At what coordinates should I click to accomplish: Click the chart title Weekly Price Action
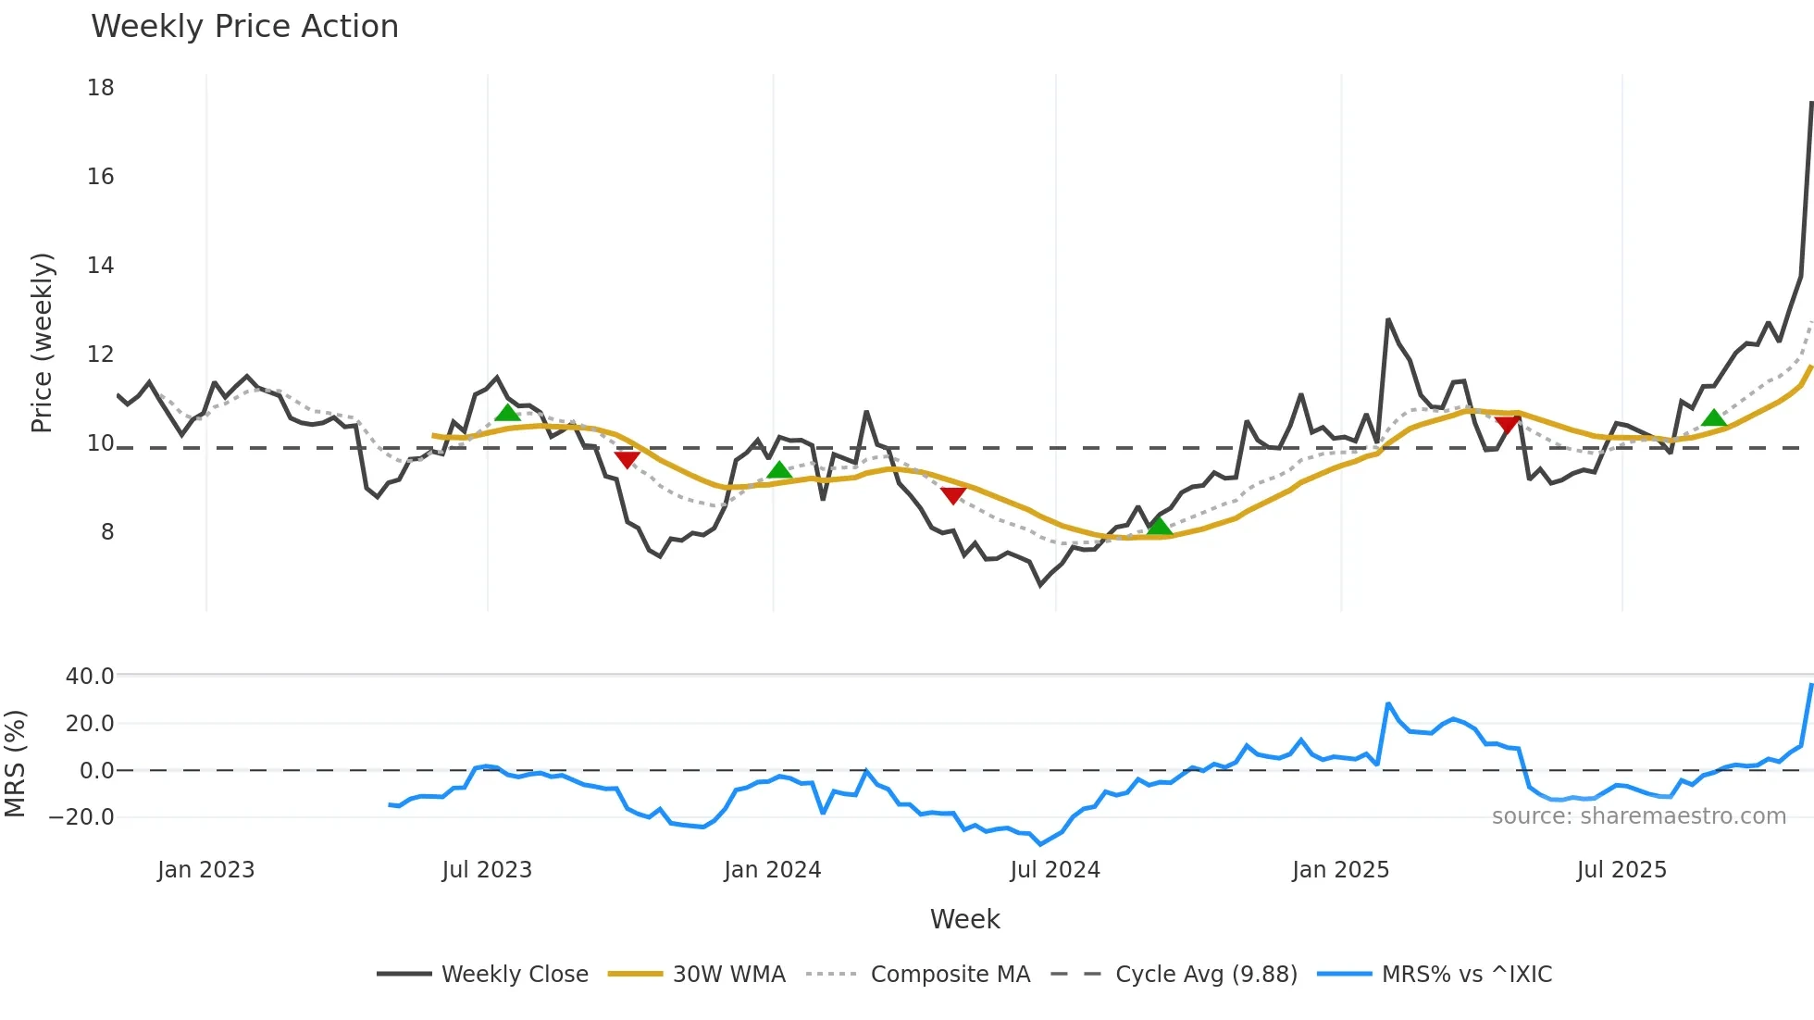point(244,27)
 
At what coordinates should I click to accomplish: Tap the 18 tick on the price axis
point(101,88)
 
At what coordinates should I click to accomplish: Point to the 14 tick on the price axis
point(101,266)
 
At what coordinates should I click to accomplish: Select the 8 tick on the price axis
point(107,532)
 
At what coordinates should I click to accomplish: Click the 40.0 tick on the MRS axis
point(90,677)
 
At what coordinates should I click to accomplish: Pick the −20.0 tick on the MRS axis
point(81,817)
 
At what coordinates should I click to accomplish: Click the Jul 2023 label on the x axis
point(487,870)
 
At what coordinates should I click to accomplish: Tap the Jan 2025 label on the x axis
point(1340,870)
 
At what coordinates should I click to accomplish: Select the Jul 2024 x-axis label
point(1055,870)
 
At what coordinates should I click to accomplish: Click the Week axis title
point(964,919)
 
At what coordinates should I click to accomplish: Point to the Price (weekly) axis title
point(42,343)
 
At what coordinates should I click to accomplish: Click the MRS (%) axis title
point(15,764)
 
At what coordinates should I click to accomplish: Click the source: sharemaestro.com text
point(1638,816)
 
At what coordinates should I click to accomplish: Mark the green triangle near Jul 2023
point(507,413)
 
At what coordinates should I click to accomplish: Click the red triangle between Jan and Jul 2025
point(1507,425)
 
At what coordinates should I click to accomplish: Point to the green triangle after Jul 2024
point(1159,527)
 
